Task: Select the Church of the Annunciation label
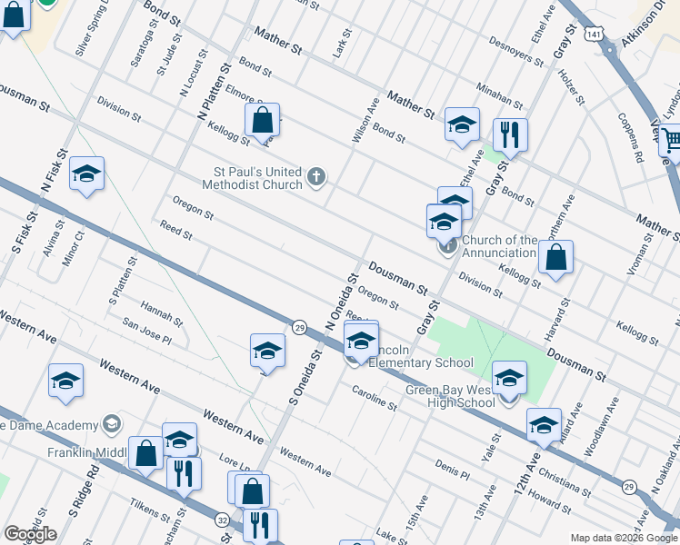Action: pyautogui.click(x=499, y=246)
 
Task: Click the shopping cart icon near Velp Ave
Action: pyautogui.click(x=671, y=139)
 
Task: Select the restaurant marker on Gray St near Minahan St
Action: pyautogui.click(x=510, y=135)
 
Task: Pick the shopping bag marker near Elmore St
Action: pyautogui.click(x=262, y=120)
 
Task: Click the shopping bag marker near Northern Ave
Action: pyautogui.click(x=555, y=256)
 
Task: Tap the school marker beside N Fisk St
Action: pyautogui.click(x=86, y=173)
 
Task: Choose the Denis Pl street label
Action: pyautogui.click(x=452, y=469)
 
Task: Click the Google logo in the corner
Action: pyautogui.click(x=30, y=533)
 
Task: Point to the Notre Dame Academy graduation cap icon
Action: pyautogui.click(x=111, y=424)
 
